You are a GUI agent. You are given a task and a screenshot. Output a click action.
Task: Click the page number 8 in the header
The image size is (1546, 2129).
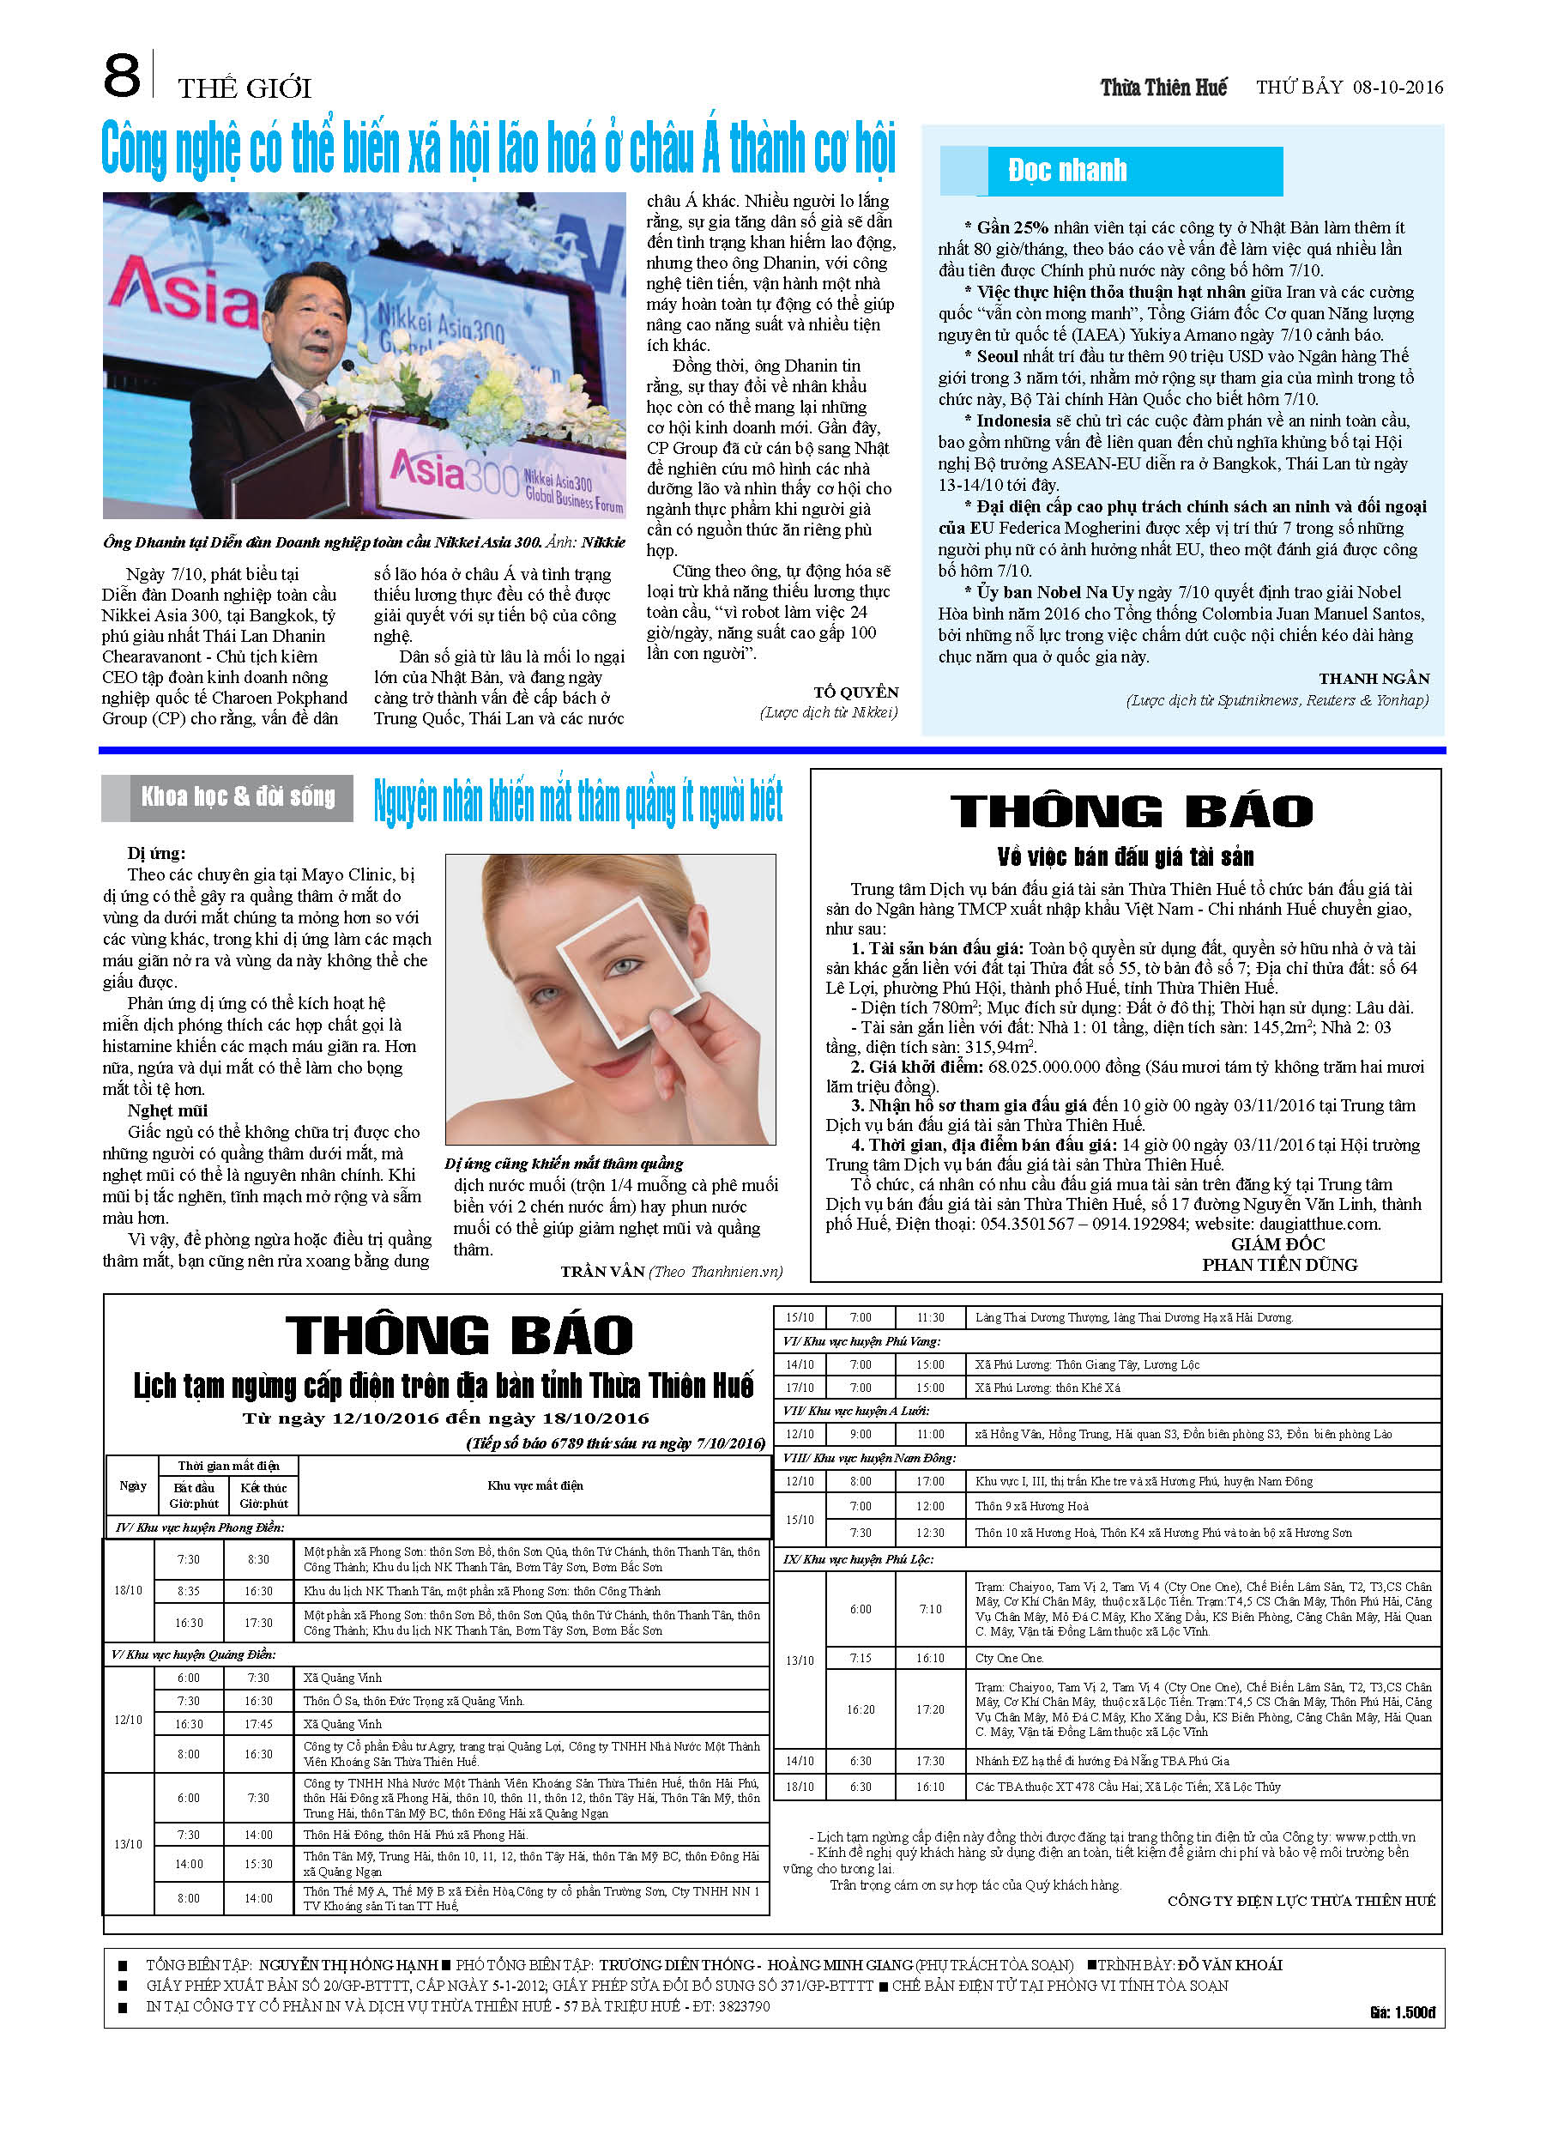pos(121,76)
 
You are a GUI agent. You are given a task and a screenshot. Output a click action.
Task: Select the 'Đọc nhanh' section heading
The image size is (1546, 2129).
pos(1066,170)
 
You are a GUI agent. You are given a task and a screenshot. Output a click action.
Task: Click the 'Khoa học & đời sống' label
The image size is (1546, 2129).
pos(238,797)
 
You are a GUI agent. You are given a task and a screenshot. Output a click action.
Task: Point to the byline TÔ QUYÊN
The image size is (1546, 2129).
pos(856,692)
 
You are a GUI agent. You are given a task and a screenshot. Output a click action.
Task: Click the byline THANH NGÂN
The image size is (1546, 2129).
pos(1374,679)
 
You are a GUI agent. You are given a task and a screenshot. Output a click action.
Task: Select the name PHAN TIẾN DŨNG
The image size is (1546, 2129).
pos(1278,1265)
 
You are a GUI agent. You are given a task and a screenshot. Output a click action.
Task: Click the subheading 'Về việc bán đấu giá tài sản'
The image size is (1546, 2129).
pos(1125,856)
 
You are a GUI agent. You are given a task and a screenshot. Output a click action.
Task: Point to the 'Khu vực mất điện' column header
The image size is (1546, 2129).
pos(535,1485)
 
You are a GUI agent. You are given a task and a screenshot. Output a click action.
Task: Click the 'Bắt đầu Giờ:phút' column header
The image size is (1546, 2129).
pos(193,1496)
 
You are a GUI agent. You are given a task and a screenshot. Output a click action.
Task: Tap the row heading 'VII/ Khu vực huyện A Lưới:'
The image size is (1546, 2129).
pos(855,1411)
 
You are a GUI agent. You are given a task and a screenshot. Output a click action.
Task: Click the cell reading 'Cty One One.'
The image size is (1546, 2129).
pos(1009,1658)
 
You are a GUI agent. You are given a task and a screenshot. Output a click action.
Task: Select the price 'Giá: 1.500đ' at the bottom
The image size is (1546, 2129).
pos(1402,2011)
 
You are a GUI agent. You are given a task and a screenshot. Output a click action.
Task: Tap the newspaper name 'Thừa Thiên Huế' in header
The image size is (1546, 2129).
pos(1163,88)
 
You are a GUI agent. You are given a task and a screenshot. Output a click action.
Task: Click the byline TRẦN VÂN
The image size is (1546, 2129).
pos(601,1272)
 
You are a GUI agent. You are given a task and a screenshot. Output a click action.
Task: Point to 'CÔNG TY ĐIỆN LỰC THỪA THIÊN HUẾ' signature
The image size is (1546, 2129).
pos(1300,1901)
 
